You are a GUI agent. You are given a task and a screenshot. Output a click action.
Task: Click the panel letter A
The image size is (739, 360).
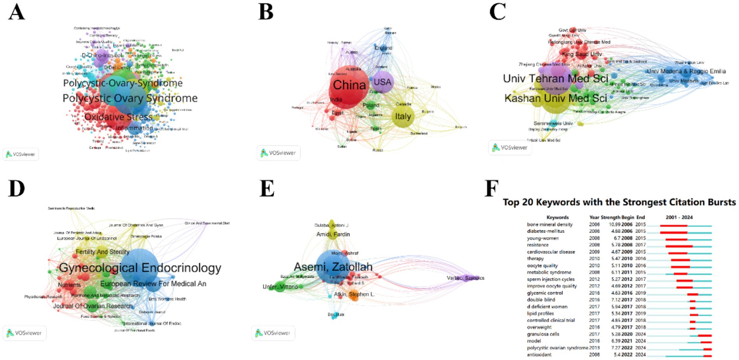pyautogui.click(x=17, y=12)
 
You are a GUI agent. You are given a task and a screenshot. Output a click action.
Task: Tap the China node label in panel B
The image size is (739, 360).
pyautogui.click(x=349, y=85)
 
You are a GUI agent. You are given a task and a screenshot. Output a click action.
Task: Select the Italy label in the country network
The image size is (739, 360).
pyautogui.click(x=403, y=116)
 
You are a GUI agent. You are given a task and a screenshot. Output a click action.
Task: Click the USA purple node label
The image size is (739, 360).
pyautogui.click(x=382, y=82)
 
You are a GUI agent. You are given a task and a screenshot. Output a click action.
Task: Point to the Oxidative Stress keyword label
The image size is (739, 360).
pyautogui.click(x=118, y=117)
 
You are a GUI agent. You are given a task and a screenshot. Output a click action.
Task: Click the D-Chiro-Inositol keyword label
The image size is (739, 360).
pyautogui.click(x=102, y=55)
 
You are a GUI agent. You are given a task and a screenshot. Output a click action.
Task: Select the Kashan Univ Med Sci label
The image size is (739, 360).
pyautogui.click(x=555, y=98)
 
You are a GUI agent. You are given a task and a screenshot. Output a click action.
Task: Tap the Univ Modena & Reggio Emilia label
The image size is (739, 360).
pyautogui.click(x=686, y=71)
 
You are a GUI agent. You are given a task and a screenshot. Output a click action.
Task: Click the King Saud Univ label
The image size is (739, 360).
pyautogui.click(x=582, y=54)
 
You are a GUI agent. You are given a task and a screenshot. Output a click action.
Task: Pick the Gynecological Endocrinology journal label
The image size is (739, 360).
pyautogui.click(x=140, y=268)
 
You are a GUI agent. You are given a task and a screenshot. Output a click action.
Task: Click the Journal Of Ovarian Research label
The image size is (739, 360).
pyautogui.click(x=93, y=306)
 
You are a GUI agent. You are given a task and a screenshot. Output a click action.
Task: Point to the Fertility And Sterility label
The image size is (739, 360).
pyautogui.click(x=103, y=252)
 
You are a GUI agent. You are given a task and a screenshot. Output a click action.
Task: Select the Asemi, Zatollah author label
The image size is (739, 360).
pyautogui.click(x=333, y=267)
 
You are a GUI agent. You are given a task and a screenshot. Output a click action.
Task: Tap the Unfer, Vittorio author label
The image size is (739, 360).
pyautogui.click(x=280, y=287)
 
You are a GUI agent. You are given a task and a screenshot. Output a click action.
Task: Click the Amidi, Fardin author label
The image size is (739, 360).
pyautogui.click(x=333, y=234)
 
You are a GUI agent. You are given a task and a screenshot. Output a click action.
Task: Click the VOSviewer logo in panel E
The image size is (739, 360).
pyautogui.click(x=273, y=333)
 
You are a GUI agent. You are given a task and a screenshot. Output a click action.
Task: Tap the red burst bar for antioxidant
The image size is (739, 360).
pyautogui.click(x=707, y=355)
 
